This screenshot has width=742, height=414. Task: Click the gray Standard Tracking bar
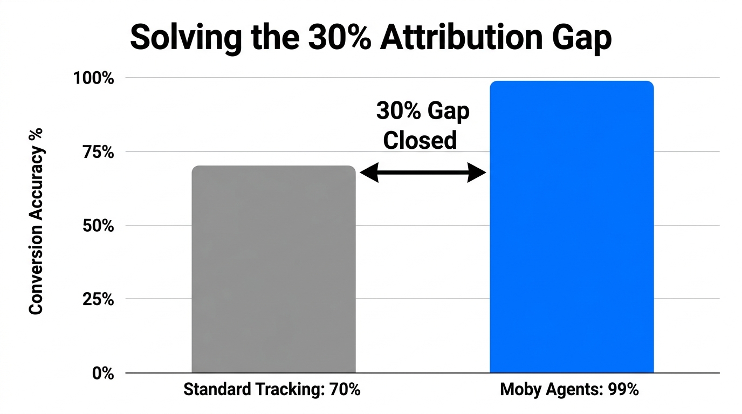(x=273, y=270)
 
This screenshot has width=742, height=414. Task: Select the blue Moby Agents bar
(x=571, y=226)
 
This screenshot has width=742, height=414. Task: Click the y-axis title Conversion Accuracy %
(x=36, y=221)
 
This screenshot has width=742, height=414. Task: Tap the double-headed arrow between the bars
(x=423, y=172)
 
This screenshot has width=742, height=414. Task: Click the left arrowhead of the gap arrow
(x=368, y=172)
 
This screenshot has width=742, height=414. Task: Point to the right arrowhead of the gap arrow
(x=478, y=172)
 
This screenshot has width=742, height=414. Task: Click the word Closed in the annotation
(x=420, y=141)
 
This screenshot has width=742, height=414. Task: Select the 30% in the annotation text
(x=396, y=112)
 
